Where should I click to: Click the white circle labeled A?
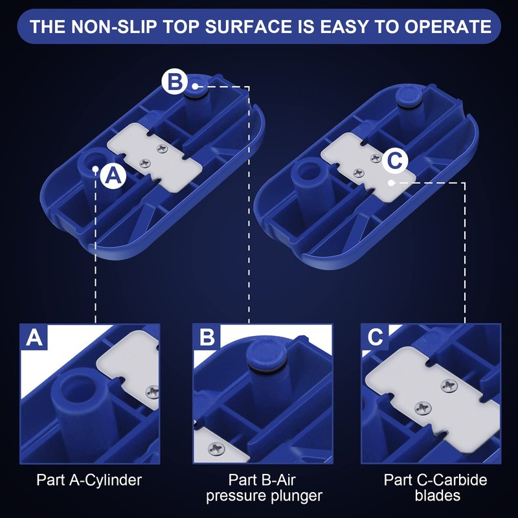click(x=113, y=175)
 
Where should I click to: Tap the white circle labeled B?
click(x=174, y=82)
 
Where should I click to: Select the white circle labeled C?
click(x=395, y=161)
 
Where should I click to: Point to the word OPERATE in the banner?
click(x=447, y=27)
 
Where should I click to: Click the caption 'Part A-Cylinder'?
click(x=89, y=480)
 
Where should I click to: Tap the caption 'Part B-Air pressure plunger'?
click(x=264, y=488)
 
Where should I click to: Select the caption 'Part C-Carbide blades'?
click(x=435, y=488)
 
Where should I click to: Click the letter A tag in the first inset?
click(x=34, y=337)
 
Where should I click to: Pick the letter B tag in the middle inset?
click(x=207, y=337)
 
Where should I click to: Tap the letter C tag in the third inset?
click(x=375, y=337)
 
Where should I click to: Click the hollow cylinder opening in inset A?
click(x=78, y=387)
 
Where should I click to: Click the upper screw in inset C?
click(x=449, y=385)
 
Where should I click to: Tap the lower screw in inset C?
click(x=423, y=408)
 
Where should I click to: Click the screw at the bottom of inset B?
click(x=216, y=449)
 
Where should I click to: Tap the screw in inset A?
click(x=153, y=392)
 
